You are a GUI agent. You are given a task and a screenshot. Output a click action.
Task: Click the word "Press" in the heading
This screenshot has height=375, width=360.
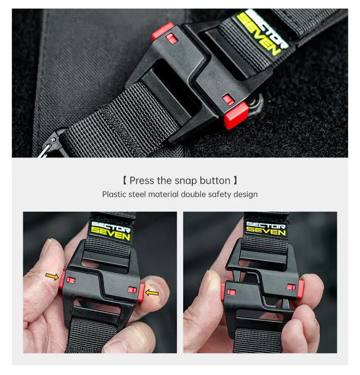tap(142, 181)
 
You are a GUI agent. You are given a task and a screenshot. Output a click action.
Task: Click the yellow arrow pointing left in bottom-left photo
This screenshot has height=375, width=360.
tap(152, 293)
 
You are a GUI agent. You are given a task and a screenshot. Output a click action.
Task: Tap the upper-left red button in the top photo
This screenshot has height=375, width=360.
tap(163, 31)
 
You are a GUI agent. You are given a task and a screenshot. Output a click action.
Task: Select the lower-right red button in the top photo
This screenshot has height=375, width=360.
tap(236, 115)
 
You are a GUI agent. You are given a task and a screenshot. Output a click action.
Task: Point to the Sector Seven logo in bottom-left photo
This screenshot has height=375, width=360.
tap(110, 231)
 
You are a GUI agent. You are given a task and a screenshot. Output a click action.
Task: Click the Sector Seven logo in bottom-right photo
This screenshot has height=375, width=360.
tap(266, 228)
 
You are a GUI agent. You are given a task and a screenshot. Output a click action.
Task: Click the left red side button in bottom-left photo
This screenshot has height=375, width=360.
tap(62, 280)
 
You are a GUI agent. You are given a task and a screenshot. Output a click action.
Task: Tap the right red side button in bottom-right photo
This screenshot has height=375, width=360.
tap(301, 289)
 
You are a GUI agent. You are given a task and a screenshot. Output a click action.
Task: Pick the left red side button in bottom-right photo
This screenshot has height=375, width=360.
tap(223, 291)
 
